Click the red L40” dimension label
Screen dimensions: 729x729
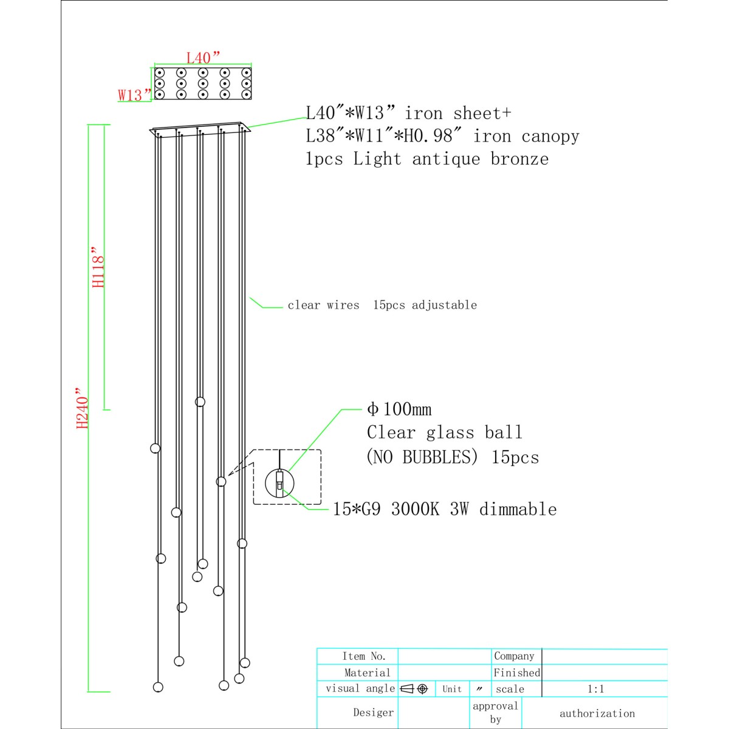203,58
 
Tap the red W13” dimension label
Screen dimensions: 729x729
134,95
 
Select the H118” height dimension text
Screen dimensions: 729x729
98,267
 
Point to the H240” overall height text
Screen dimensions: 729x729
82,408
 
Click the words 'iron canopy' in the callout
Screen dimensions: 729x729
526,136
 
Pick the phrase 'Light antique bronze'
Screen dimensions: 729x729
451,159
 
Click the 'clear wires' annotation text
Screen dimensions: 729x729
323,305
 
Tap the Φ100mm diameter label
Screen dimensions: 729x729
399,409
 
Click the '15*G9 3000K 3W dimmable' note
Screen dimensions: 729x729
445,509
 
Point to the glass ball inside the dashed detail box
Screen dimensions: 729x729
279,484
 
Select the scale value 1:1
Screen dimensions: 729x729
595,689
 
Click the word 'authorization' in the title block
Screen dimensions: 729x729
597,713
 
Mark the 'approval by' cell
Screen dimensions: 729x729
495,713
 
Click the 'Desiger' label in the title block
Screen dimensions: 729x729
374,713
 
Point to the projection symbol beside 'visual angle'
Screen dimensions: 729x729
414,689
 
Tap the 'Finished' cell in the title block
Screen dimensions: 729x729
517,673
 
